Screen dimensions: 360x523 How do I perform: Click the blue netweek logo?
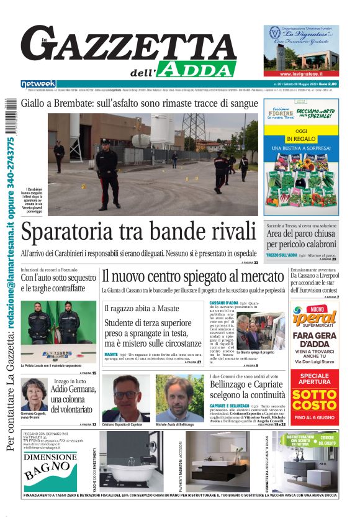[38, 83]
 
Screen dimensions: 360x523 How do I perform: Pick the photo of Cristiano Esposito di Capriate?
[126, 398]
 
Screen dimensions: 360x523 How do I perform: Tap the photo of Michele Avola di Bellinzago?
[179, 398]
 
